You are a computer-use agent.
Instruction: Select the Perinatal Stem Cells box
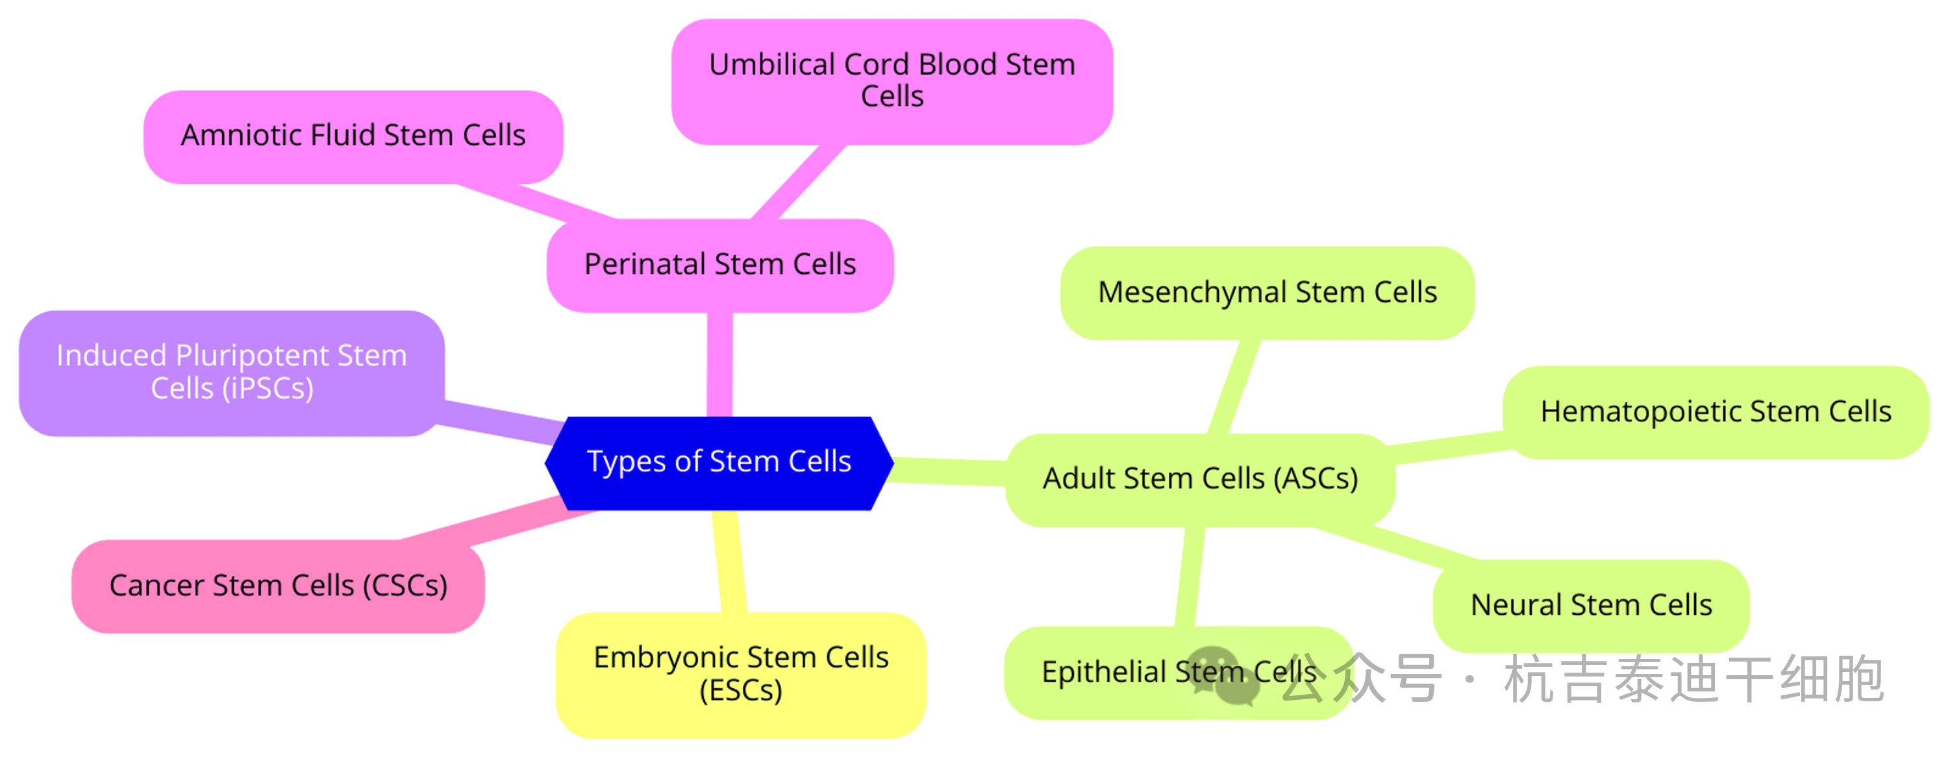(720, 265)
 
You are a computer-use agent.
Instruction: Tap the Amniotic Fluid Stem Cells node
(353, 136)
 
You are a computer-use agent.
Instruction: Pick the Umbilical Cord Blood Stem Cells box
(892, 81)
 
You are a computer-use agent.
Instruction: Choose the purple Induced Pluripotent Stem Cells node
(231, 372)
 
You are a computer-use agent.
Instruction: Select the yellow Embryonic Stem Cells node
(740, 674)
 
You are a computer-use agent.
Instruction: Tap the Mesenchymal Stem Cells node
(1267, 293)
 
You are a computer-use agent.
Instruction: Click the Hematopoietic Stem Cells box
(1715, 412)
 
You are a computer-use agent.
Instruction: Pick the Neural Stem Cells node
(1590, 605)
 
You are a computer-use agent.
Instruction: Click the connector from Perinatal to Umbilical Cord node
(798, 182)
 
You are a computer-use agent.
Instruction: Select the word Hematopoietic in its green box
(1641, 412)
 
